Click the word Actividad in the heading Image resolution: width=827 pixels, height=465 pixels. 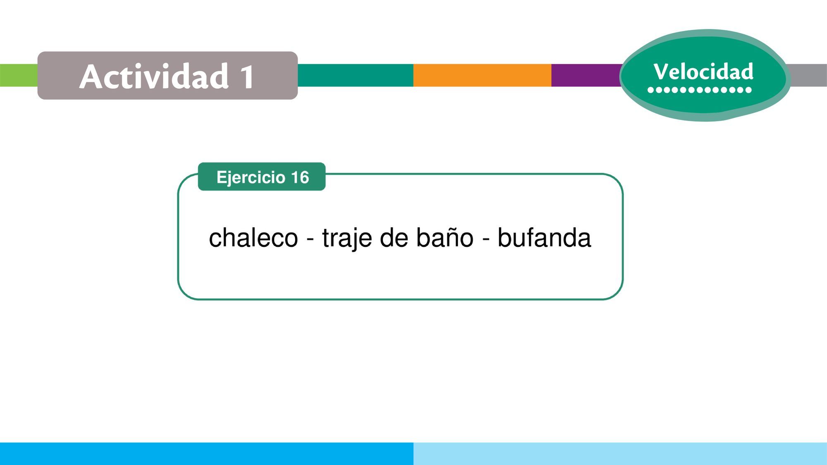point(154,76)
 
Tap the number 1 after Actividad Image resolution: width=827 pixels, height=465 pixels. point(248,77)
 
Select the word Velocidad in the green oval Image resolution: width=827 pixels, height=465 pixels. point(703,72)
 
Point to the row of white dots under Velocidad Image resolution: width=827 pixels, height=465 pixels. point(699,90)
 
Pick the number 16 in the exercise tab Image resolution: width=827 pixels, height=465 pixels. point(300,177)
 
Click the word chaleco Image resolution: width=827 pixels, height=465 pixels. point(253,238)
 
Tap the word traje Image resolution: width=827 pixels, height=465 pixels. point(347,238)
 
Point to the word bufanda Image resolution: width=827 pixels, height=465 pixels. point(544,238)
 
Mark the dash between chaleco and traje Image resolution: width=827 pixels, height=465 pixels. point(310,240)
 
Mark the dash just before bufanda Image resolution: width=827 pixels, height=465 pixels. point(486,240)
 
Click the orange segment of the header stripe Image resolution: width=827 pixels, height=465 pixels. point(482,75)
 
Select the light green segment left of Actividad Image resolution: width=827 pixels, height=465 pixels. point(19,75)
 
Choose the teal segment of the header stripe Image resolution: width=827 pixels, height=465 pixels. point(356,75)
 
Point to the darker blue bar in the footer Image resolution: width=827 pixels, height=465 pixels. point(207,454)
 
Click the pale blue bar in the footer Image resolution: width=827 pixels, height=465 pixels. point(620,454)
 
